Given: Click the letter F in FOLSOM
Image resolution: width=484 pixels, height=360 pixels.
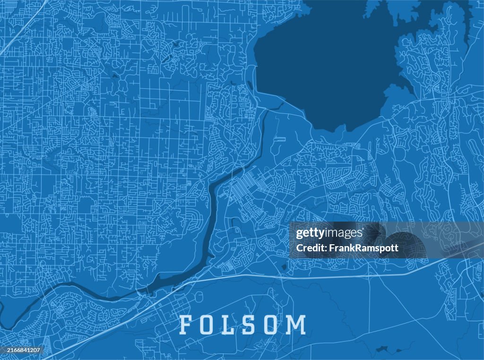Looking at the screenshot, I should [x=186, y=325].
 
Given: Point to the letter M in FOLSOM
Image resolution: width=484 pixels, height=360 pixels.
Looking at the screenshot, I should [x=297, y=325].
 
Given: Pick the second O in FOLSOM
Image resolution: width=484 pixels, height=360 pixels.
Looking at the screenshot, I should [x=275, y=325].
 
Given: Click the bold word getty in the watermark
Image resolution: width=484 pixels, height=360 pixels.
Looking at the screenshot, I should [x=311, y=233].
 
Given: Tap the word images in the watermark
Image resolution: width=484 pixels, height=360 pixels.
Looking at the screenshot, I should [x=344, y=233].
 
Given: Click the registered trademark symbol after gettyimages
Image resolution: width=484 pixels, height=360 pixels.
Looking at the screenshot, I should [x=363, y=230].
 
